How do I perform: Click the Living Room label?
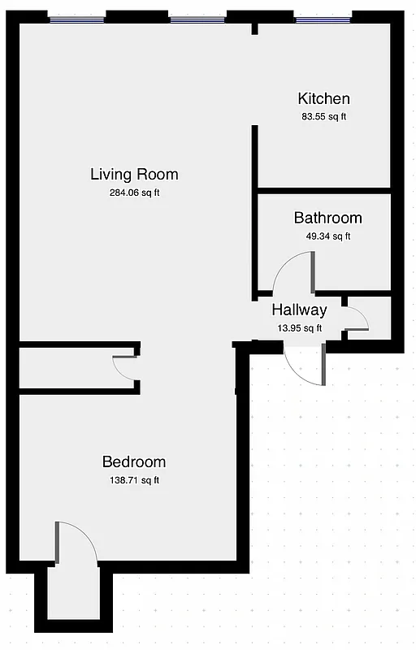click(134, 174)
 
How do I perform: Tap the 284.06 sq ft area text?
click(134, 193)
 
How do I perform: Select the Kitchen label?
click(324, 99)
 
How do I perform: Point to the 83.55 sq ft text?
click(324, 117)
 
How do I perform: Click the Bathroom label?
click(327, 218)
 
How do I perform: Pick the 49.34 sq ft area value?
click(327, 236)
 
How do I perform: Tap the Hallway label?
click(299, 310)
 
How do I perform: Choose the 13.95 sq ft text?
click(299, 328)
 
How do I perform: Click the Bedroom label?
click(134, 461)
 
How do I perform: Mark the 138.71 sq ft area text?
click(134, 480)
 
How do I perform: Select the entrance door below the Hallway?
click(305, 365)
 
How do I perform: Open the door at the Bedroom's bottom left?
click(77, 542)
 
